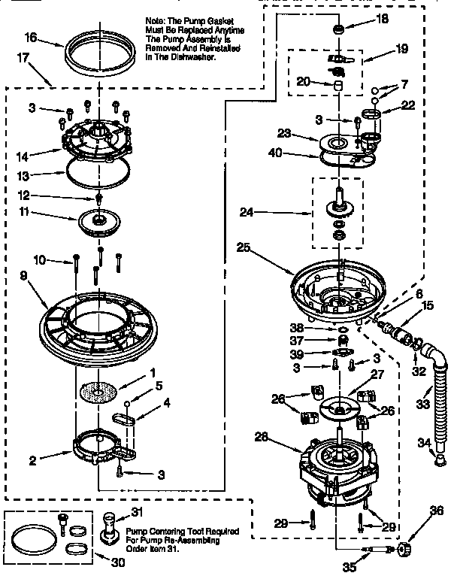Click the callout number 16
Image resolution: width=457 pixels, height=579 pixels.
tap(30, 37)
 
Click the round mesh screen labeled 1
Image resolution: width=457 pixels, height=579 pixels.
tap(99, 393)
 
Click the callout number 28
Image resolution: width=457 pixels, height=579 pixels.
tap(282, 437)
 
